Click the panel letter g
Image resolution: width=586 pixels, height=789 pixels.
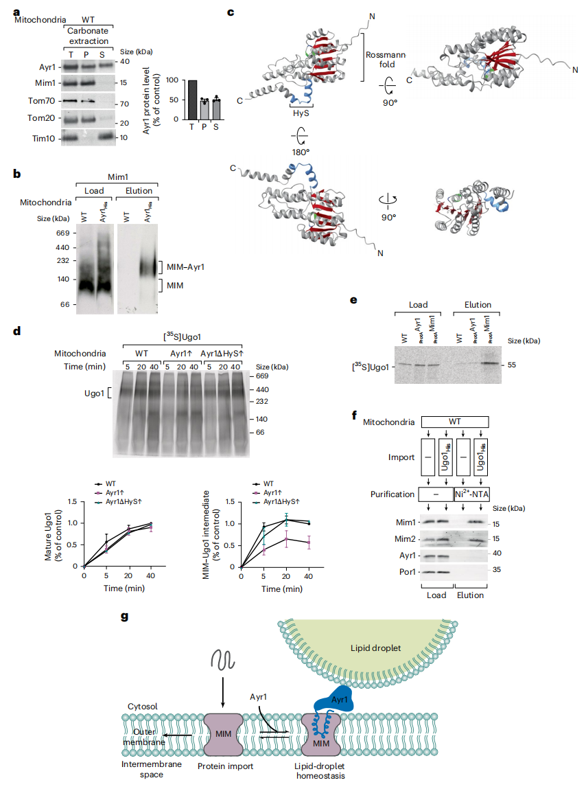(125, 617)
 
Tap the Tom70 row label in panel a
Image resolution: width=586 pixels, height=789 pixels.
(41, 101)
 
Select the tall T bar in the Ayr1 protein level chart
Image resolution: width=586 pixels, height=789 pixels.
(192, 100)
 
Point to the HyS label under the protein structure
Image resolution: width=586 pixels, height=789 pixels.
(301, 113)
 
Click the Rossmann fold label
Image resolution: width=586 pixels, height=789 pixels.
(386, 59)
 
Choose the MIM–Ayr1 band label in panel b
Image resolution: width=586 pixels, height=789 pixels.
(185, 266)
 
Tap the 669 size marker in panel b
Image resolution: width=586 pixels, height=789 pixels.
(63, 233)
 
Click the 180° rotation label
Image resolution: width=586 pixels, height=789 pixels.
(301, 152)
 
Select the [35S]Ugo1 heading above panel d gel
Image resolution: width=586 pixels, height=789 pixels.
(182, 336)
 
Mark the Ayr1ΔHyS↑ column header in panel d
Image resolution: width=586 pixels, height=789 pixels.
(222, 353)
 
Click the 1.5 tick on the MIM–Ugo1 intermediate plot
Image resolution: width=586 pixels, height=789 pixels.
(230, 502)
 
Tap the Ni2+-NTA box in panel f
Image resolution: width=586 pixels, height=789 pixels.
(471, 494)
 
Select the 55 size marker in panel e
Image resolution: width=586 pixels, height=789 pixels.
(512, 365)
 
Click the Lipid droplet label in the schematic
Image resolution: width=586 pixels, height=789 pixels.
(376, 648)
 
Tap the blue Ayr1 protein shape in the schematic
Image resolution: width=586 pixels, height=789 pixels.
(334, 698)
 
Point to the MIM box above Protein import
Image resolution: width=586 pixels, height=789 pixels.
(223, 734)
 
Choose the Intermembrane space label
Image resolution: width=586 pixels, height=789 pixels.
(152, 769)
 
